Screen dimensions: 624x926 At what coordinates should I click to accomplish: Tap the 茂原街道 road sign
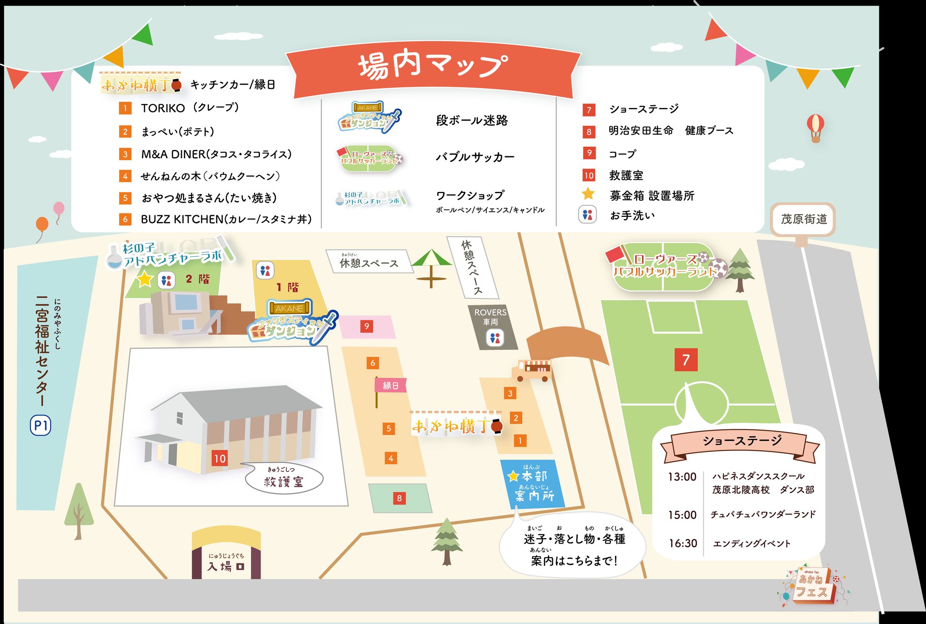803,219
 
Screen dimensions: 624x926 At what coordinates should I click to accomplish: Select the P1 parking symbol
41,425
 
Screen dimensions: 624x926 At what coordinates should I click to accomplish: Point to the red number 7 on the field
686,360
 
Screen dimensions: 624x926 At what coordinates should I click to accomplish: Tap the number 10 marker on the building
220,458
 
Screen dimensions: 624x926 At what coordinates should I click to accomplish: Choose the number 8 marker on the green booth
399,498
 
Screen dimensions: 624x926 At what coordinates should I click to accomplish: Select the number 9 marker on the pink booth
367,326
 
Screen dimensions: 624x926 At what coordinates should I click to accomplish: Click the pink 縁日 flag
390,385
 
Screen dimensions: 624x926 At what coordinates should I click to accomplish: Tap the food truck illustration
532,370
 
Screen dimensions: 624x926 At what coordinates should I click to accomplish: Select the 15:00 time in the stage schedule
682,515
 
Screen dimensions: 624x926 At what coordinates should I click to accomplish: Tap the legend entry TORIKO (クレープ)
190,108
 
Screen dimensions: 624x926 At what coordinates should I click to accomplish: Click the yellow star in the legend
588,194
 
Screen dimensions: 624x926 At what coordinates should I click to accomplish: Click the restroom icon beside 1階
265,270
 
